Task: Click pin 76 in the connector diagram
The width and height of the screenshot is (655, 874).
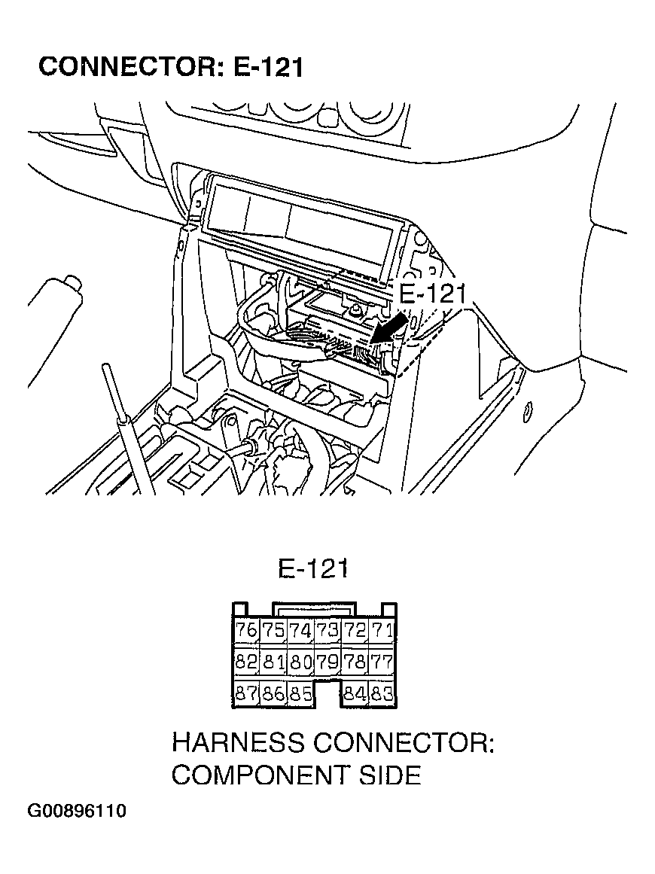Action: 246,630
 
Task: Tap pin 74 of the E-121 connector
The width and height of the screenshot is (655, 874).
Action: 300,630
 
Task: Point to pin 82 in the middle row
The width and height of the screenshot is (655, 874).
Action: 246,662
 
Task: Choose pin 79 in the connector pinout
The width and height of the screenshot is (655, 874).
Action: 327,662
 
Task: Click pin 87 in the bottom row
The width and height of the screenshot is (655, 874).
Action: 246,694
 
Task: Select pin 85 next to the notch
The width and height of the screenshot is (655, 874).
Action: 300,694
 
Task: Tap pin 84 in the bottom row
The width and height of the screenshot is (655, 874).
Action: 354,694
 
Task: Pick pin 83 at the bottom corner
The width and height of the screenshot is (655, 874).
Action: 382,694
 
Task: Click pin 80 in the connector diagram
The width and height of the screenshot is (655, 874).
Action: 300,662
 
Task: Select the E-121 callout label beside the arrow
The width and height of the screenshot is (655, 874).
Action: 432,295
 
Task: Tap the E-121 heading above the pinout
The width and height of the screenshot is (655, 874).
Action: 312,568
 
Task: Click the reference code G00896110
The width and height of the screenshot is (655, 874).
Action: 77,812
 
